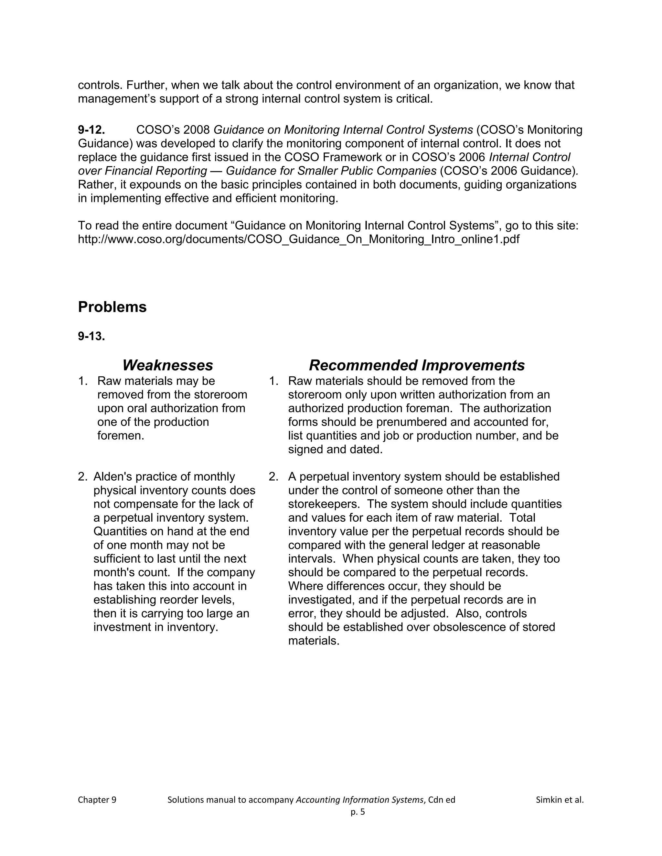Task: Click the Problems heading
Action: [112, 307]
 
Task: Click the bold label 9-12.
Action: [91, 130]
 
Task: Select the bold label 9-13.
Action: [91, 336]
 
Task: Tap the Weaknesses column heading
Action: [167, 365]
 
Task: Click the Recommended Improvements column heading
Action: [416, 365]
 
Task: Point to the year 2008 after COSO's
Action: [197, 130]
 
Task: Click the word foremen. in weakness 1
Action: [121, 435]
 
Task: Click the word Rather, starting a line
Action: [96, 184]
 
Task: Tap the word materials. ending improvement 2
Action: [313, 641]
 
